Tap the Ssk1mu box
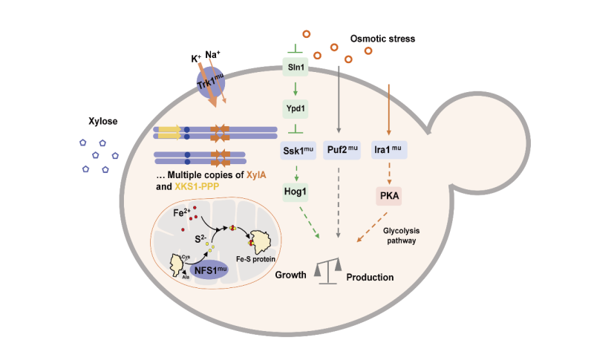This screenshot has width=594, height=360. (x=297, y=151)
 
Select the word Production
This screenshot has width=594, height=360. (x=370, y=277)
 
